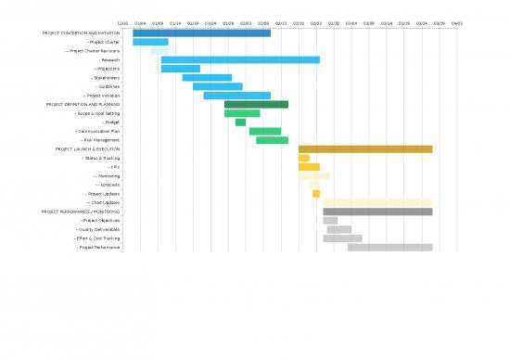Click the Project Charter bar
(150, 42)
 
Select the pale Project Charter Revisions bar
(159, 51)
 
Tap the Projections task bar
(180, 69)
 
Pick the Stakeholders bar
(207, 78)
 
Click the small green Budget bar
(240, 122)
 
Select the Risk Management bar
(272, 140)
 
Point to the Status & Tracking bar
(303, 158)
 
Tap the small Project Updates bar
(316, 194)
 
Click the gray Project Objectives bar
(330, 221)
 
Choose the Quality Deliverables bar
(338, 229)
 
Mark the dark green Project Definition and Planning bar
(256, 105)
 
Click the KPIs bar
(309, 167)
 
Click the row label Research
(109, 59)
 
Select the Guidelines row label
(106, 86)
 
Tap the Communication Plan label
(98, 132)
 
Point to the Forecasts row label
(108, 185)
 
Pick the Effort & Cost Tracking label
(97, 238)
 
